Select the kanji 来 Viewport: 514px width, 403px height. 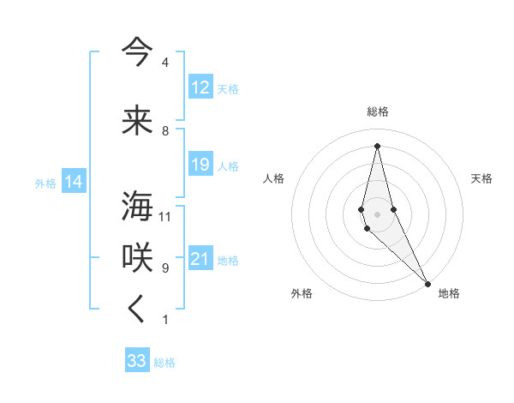click(137, 120)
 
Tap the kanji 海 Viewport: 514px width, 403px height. click(137, 207)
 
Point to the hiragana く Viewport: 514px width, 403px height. click(137, 310)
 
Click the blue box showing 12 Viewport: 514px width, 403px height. click(200, 87)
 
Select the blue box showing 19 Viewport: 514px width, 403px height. click(200, 165)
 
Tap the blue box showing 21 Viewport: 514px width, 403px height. click(200, 259)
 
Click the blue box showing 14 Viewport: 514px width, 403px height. click(74, 182)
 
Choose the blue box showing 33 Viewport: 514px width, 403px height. click(137, 361)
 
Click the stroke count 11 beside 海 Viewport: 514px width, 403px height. click(165, 216)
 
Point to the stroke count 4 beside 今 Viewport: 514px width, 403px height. click(165, 63)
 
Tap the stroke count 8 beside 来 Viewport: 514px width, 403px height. click(165, 131)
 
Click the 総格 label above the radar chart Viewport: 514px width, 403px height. click(378, 111)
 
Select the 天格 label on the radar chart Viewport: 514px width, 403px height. click(481, 178)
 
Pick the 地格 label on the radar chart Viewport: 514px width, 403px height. click(449, 293)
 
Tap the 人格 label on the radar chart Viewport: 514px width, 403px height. click(273, 178)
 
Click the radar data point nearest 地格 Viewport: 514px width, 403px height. click(427, 283)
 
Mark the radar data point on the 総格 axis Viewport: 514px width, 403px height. click(377, 146)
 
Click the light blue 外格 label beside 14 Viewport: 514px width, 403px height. click(45, 183)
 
